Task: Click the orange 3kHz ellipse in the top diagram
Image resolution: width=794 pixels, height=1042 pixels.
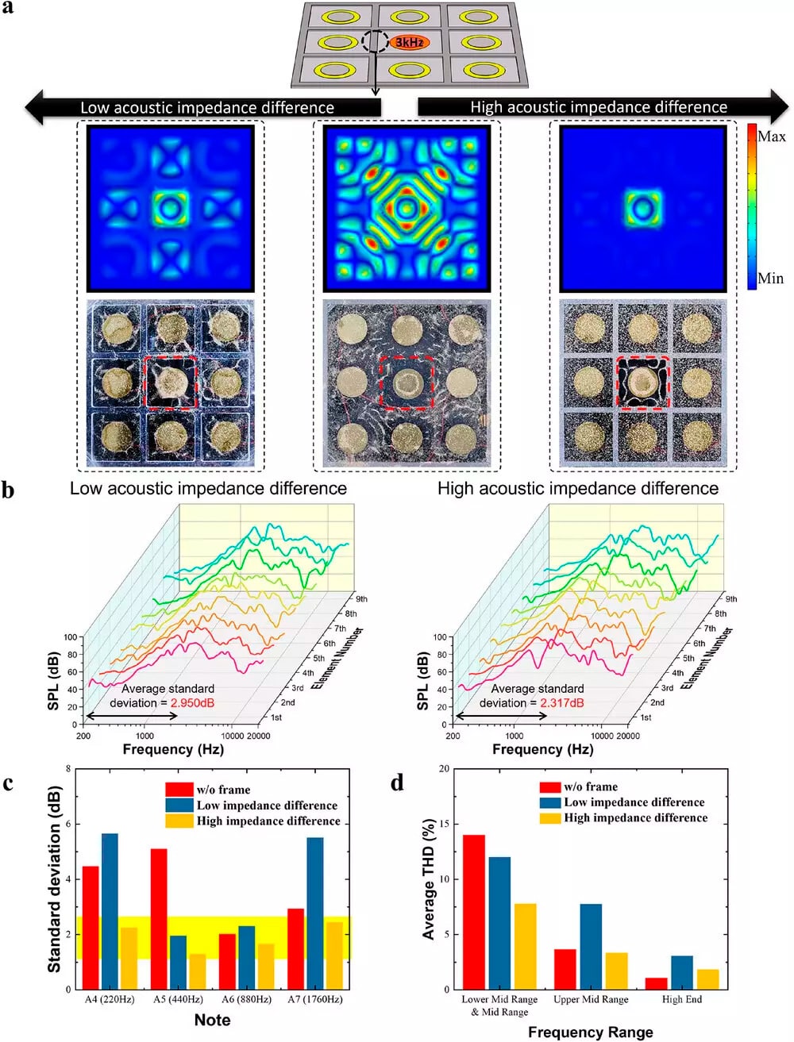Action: [409, 41]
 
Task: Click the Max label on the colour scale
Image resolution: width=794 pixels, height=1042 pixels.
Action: [771, 136]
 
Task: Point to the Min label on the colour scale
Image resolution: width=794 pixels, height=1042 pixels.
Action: [770, 279]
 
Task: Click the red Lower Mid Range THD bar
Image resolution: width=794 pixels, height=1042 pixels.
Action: [474, 912]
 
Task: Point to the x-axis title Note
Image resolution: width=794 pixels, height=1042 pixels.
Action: [212, 1020]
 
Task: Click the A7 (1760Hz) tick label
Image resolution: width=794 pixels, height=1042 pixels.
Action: [315, 999]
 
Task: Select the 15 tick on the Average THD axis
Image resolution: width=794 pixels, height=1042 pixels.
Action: [445, 825]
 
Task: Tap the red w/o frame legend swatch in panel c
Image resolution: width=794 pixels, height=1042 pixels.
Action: [179, 790]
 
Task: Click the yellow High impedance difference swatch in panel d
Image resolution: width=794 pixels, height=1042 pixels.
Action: [549, 818]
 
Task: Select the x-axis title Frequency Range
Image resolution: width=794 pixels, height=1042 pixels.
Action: [590, 1032]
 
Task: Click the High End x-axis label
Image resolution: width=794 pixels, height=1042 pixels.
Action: [682, 999]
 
